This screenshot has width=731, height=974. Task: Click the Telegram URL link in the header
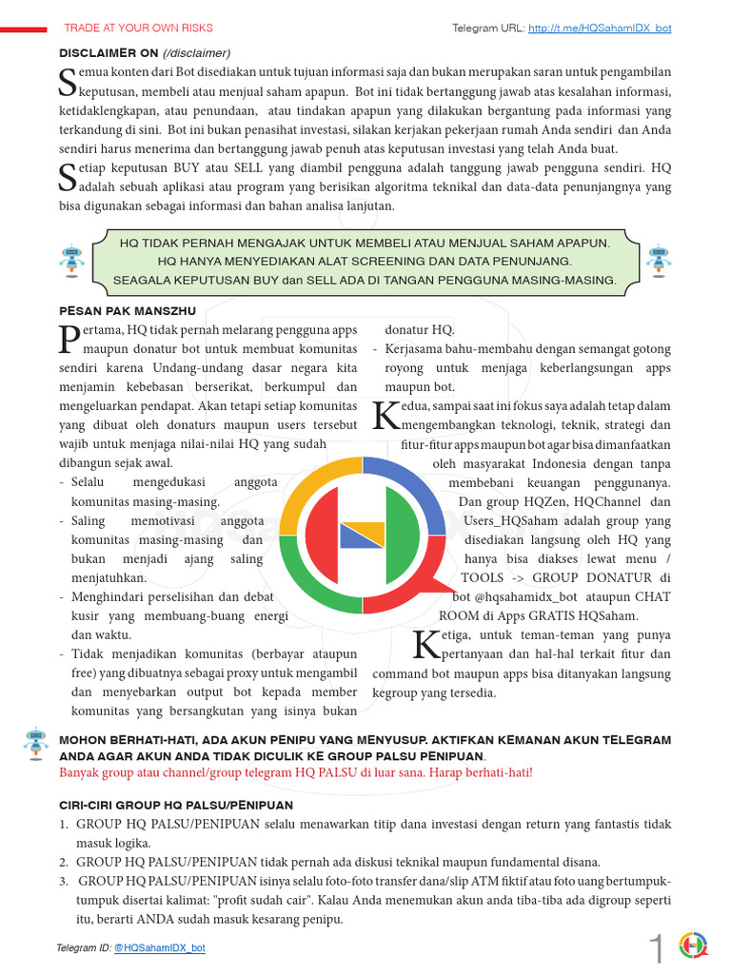600,29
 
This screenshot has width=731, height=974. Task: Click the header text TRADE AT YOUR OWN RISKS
138,29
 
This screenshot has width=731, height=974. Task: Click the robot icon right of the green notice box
658,259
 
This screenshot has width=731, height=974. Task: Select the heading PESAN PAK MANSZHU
127,310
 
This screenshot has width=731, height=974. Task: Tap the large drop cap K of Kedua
386,415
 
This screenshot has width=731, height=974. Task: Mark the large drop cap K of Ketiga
427,645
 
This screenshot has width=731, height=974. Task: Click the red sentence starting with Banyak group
296,771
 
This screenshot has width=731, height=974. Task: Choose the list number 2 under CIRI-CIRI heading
64,862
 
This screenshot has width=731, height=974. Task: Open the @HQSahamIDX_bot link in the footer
159,947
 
